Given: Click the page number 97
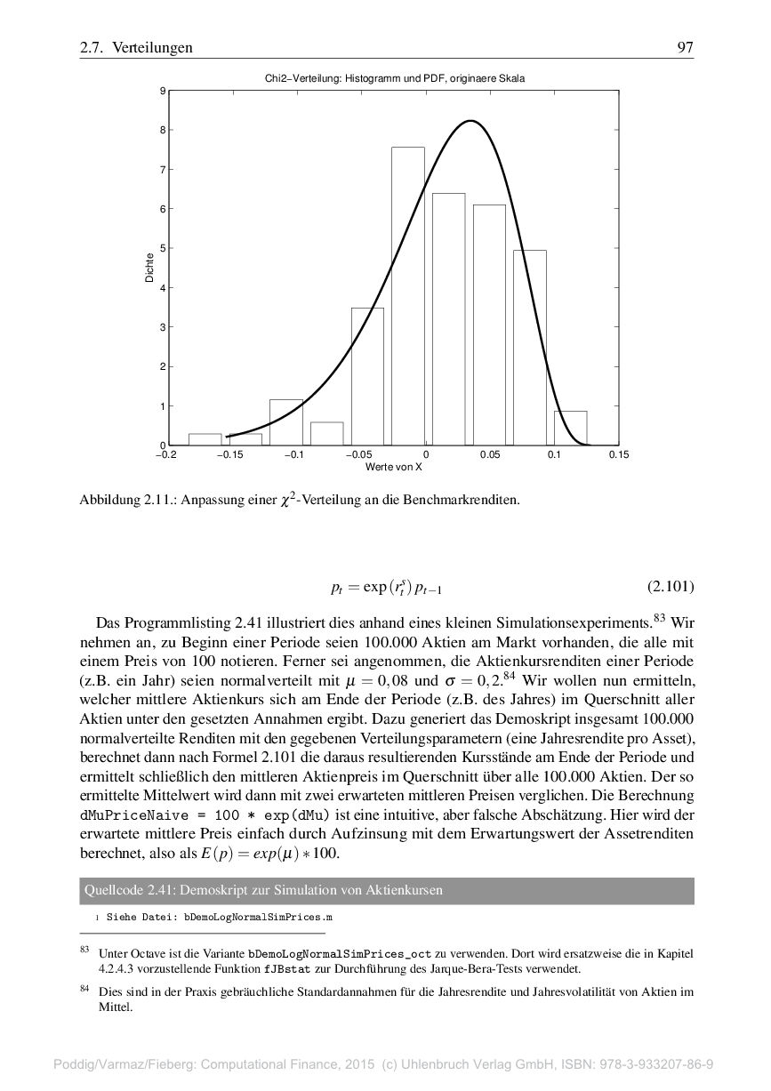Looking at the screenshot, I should point(685,48).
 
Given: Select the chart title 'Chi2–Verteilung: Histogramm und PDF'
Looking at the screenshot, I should point(395,78).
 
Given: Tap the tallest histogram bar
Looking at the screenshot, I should point(408,296).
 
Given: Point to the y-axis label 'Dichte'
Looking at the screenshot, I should point(149,269).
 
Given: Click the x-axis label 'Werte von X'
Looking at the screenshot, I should point(393,467).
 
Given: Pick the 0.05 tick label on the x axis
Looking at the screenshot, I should point(489,455).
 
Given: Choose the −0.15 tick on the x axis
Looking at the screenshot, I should point(230,455).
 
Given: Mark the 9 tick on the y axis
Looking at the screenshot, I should point(162,91).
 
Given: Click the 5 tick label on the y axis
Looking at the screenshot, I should point(162,248).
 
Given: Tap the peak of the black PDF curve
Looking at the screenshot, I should point(470,121).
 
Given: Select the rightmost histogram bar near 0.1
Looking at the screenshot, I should point(570,428).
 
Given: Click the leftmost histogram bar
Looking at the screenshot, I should point(205,439).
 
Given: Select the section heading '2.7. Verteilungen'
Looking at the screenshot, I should point(136,48).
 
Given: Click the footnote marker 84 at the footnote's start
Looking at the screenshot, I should point(85,988).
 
